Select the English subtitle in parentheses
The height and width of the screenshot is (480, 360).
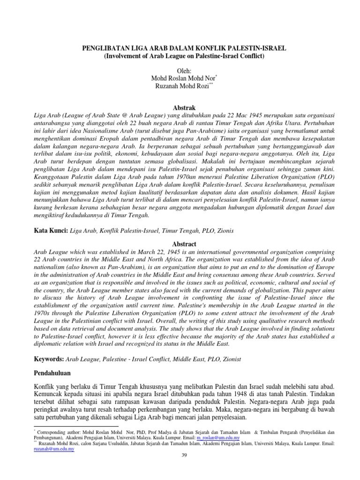(180, 56)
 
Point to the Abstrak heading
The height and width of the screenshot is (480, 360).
(180, 107)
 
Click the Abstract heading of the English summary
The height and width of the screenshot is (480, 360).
(180, 244)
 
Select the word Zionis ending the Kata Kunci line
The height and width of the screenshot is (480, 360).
(224, 231)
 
